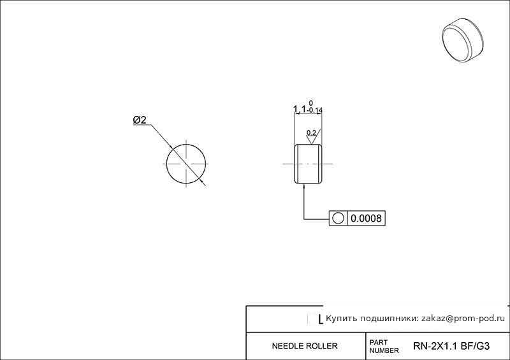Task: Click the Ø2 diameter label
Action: (140, 120)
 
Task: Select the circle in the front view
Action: (166, 164)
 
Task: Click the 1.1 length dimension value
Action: (300, 109)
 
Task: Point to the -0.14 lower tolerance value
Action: (314, 111)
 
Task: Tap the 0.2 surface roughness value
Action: (311, 133)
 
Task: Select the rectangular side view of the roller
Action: (308, 164)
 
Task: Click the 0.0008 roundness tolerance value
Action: (366, 218)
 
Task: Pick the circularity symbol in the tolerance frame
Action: (339, 218)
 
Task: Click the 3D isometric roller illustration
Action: (463, 40)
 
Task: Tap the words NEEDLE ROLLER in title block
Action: (305, 346)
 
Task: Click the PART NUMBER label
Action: (384, 347)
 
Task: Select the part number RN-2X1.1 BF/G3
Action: (451, 346)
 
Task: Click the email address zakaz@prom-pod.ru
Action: (463, 319)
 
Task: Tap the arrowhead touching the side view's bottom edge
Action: (304, 186)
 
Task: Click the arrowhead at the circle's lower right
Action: (203, 182)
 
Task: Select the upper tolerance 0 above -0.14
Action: (311, 103)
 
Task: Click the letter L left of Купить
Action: (321, 320)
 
